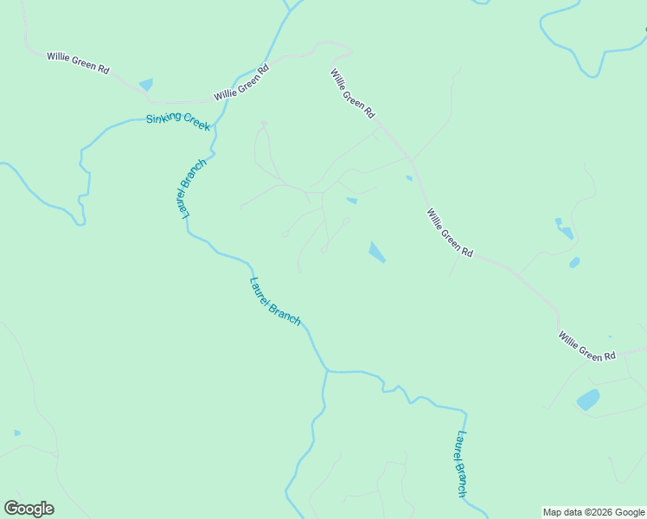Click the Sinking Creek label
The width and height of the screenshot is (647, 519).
(x=178, y=121)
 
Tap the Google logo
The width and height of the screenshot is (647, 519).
(x=29, y=509)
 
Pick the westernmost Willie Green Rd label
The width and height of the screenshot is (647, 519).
(x=78, y=63)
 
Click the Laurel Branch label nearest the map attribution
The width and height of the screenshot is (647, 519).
(x=462, y=464)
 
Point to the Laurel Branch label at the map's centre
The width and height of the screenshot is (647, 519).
(x=275, y=301)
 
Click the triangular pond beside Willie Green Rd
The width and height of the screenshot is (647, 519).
(x=145, y=85)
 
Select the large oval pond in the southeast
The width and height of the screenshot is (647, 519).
(x=588, y=400)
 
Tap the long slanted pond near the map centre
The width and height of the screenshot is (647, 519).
(x=377, y=252)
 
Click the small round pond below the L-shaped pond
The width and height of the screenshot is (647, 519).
(x=574, y=263)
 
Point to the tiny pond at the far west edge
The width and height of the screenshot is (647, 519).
(x=17, y=432)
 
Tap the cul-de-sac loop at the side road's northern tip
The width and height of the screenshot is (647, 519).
(x=264, y=125)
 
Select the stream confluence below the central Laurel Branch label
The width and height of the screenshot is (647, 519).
(x=326, y=371)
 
